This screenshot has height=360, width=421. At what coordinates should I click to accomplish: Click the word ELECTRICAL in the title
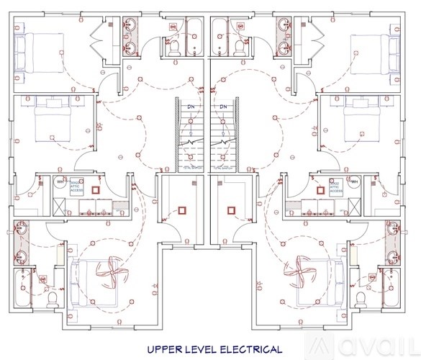(x=246, y=350)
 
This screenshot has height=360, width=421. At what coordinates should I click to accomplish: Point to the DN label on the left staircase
(x=191, y=107)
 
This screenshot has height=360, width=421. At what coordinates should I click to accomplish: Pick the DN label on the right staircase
(x=224, y=107)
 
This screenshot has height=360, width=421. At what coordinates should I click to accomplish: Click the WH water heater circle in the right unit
(x=354, y=182)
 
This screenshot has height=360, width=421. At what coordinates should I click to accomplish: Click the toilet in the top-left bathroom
(x=173, y=47)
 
